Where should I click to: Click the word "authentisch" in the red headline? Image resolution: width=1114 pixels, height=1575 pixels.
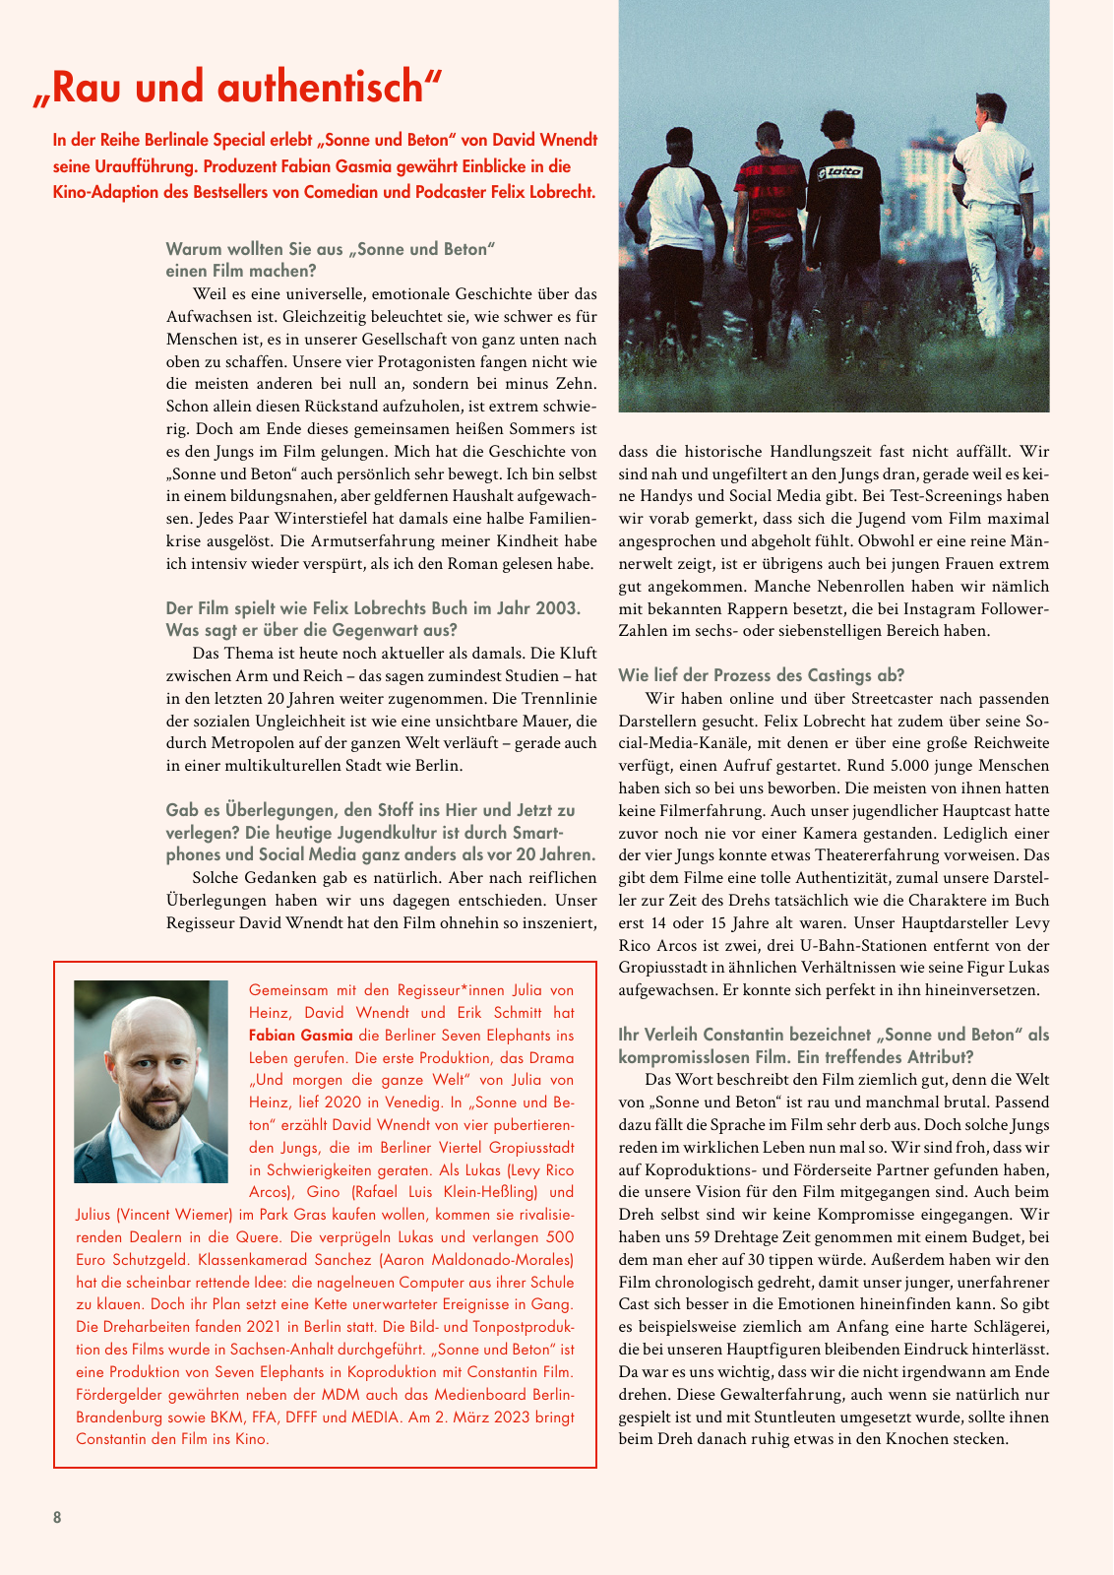(x=329, y=89)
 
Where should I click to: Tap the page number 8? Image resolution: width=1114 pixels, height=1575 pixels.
(x=57, y=1517)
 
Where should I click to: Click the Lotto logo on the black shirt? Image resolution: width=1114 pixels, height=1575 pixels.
(x=841, y=172)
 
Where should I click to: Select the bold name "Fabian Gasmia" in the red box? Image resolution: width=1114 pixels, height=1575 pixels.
(x=301, y=1035)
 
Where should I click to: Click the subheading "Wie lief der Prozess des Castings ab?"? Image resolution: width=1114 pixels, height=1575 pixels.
(x=761, y=675)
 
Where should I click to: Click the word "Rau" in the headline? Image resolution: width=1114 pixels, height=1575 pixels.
(x=91, y=89)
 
